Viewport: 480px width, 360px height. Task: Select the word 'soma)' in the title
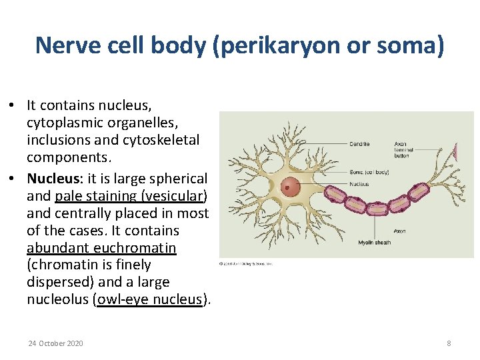413,45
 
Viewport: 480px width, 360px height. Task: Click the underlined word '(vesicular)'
174,196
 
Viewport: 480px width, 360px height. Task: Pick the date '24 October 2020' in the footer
56,343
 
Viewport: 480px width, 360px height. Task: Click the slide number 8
449,343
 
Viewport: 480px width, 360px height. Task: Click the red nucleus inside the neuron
291,187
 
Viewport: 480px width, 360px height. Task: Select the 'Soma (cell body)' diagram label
369,173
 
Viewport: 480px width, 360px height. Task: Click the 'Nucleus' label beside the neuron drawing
359,183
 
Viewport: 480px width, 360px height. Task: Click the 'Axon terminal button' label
404,149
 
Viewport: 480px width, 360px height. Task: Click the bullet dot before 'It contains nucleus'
13,106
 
